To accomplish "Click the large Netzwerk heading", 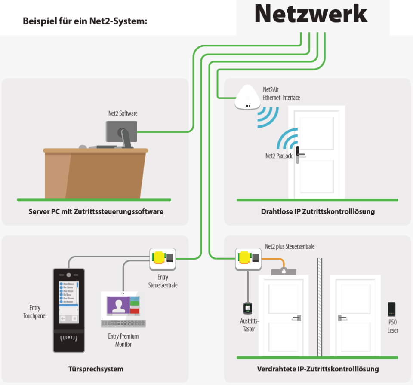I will [x=311, y=14].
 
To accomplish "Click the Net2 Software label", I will [x=123, y=114].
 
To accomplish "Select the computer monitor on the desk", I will [x=121, y=131].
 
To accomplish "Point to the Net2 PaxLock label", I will [x=278, y=156].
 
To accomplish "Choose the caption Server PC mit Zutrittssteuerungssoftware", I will [x=96, y=211].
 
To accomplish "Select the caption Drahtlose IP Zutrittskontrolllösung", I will [x=317, y=211].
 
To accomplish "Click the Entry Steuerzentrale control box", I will [x=163, y=258].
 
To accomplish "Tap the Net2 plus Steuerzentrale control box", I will [x=249, y=258].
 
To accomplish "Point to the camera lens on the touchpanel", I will [x=68, y=275].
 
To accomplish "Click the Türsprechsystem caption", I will [x=96, y=369].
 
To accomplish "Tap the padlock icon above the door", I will [x=284, y=271].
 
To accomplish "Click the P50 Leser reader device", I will [x=391, y=309].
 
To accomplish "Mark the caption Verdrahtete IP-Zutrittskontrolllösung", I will [x=317, y=369].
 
